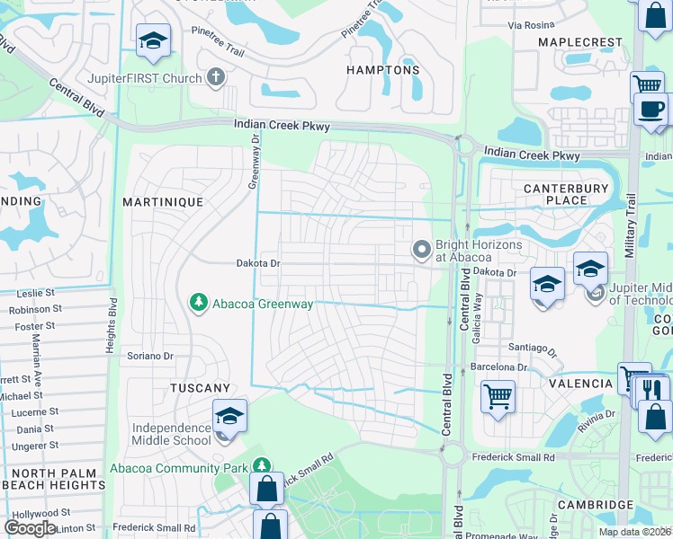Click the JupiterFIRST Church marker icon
tap(215, 77)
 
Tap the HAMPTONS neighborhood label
tap(383, 70)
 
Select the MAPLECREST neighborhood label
tap(580, 42)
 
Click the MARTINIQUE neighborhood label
tap(164, 202)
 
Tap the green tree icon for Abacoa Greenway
tap(199, 304)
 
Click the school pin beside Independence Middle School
tap(229, 417)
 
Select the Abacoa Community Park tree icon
tap(261, 467)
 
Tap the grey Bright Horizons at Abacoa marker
tap(421, 250)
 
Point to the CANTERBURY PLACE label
tap(567, 194)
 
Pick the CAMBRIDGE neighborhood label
tap(596, 505)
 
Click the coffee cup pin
tap(649, 110)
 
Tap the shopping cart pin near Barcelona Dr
tap(498, 394)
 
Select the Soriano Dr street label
tap(149, 357)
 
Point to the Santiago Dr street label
tap(533, 350)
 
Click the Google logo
tap(31, 527)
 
